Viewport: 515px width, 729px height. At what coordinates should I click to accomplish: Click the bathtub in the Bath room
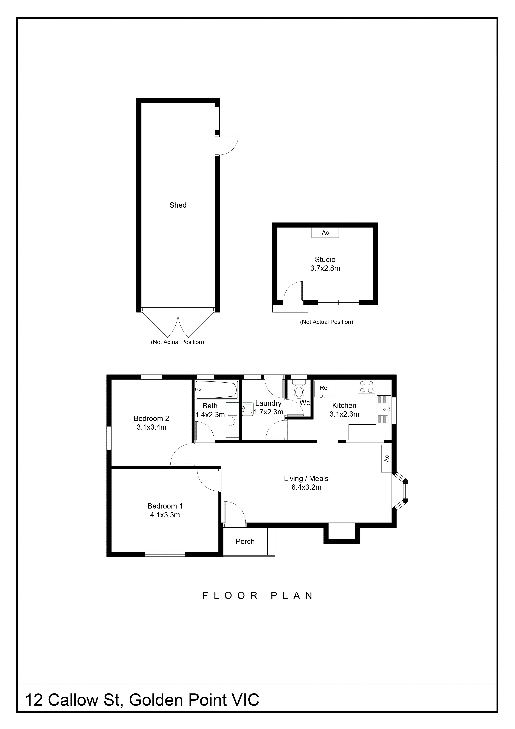216,390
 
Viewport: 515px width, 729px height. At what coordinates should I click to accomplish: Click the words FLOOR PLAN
258,596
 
